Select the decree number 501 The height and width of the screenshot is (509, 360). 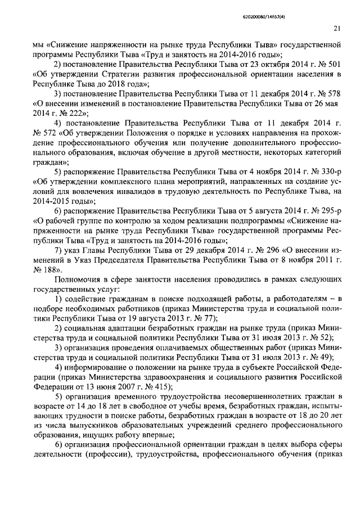pyautogui.click(x=335, y=65)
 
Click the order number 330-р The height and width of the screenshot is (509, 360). pyautogui.click(x=329, y=169)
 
